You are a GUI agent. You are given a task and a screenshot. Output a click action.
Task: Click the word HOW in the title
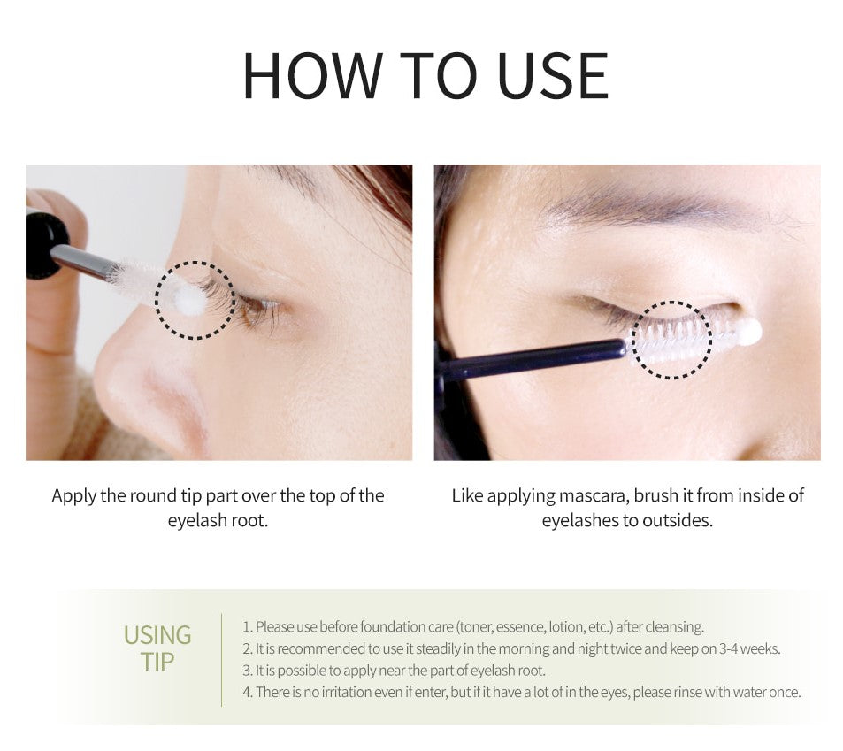point(313,75)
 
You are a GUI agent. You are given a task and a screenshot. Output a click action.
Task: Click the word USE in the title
point(553,75)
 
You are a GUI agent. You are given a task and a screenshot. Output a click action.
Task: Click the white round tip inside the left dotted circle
point(189,300)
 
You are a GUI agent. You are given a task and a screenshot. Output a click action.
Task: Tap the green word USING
point(157,635)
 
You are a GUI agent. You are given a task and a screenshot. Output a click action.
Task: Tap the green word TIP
point(157,662)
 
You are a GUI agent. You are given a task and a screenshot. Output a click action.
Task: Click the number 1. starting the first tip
point(248,627)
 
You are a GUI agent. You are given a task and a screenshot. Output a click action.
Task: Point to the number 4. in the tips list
point(248,693)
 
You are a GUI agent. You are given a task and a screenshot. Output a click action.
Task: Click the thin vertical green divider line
point(221,660)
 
